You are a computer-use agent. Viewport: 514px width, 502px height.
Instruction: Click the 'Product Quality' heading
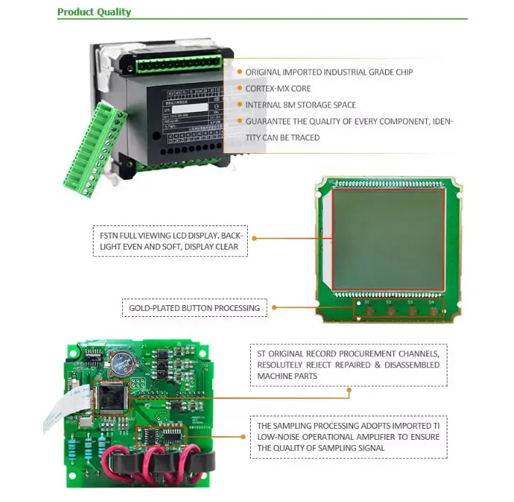click(x=94, y=12)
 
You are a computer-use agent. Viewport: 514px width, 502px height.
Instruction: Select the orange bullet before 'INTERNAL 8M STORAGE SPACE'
click(x=239, y=105)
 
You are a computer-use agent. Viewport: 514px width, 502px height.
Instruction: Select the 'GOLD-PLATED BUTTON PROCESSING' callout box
click(x=194, y=308)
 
